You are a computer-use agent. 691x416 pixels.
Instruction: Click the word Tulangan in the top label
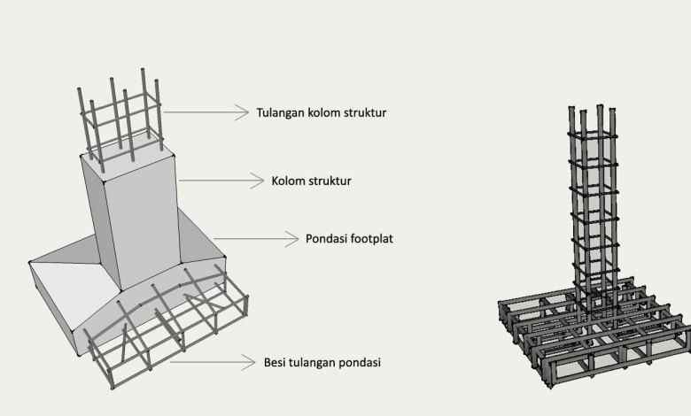(x=279, y=113)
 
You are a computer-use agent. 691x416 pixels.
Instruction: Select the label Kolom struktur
(x=312, y=181)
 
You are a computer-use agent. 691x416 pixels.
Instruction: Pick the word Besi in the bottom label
(x=276, y=362)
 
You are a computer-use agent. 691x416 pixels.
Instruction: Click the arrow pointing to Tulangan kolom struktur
(x=206, y=112)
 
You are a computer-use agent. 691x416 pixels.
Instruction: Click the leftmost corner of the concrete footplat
(x=30, y=262)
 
